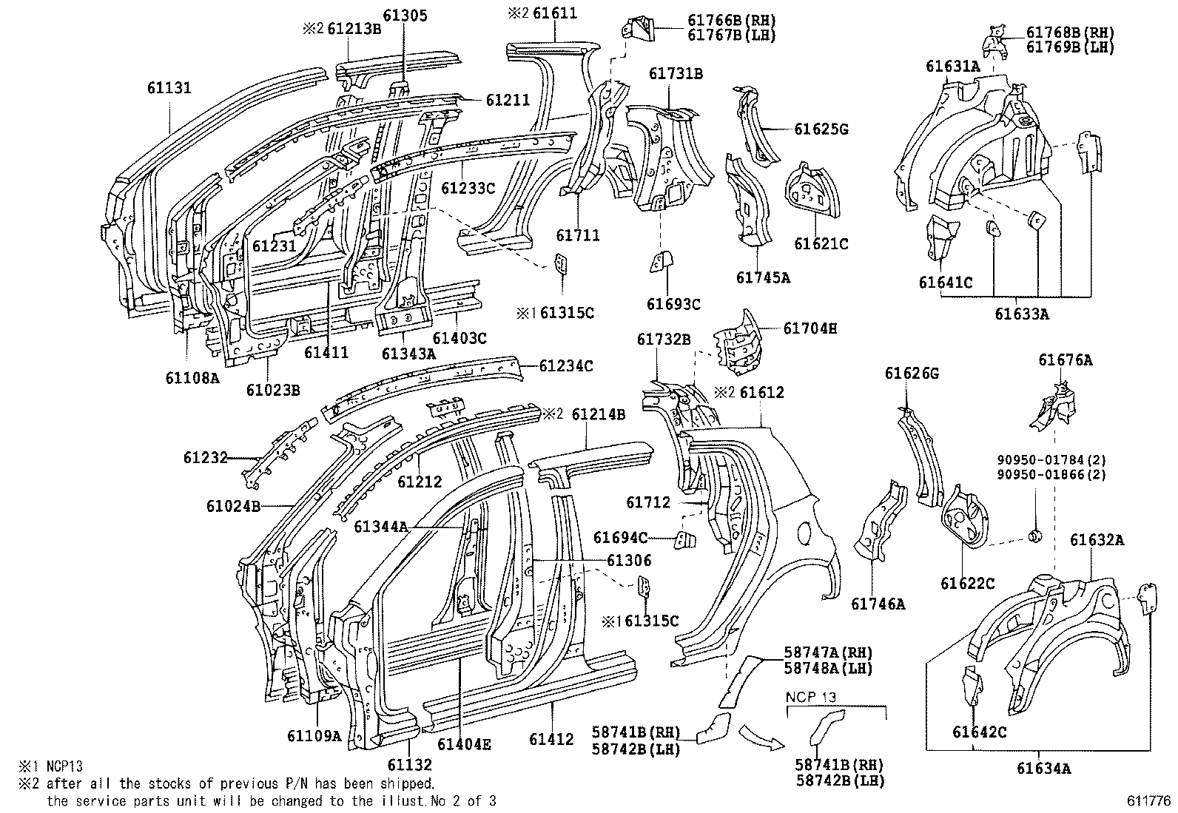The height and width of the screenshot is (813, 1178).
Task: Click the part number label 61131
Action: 169,88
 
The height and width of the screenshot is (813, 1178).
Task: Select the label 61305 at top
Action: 405,15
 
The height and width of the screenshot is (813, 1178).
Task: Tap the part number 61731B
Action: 676,73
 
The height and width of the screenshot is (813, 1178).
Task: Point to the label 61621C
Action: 821,243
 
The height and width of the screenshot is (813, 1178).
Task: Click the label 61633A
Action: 1021,314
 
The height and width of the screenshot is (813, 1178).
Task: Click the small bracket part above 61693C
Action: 660,261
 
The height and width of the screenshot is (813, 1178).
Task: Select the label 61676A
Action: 1065,360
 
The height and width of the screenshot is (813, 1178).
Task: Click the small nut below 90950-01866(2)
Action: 1035,533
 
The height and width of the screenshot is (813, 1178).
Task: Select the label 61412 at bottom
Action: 551,739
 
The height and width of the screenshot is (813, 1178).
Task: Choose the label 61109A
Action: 314,735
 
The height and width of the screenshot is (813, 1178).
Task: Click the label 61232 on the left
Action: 205,458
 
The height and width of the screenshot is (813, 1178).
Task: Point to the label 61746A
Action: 878,604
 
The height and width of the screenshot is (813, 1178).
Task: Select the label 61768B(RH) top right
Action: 1070,33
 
